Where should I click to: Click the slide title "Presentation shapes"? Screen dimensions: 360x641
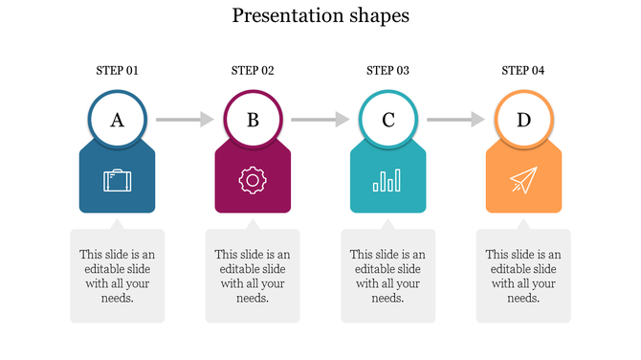tap(320, 15)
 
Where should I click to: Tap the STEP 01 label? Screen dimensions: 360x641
tap(118, 70)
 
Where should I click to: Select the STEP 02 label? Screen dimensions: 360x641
tap(253, 70)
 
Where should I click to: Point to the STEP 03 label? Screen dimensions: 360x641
tap(387, 70)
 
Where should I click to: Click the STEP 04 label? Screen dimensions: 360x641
tap(522, 70)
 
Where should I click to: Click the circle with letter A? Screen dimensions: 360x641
tap(118, 120)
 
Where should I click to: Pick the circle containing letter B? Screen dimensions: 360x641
tap(253, 120)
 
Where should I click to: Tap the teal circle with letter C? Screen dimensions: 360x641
tap(387, 120)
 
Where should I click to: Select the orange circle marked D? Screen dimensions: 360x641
tap(523, 120)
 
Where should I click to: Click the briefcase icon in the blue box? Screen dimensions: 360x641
tap(118, 180)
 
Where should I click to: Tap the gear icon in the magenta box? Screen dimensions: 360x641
tap(253, 180)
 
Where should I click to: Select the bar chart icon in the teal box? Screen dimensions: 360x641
tap(387, 180)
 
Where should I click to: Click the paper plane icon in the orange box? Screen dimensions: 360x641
tap(522, 180)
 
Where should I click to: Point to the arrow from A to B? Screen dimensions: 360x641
tap(185, 120)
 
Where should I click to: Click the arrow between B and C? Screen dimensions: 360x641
tap(320, 120)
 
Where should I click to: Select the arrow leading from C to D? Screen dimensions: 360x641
tap(455, 120)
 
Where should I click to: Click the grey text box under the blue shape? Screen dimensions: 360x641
tap(118, 276)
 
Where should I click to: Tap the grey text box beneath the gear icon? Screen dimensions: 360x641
tap(253, 276)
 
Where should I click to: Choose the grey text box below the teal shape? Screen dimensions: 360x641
tap(387, 276)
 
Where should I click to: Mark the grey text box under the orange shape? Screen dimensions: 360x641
tap(523, 276)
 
